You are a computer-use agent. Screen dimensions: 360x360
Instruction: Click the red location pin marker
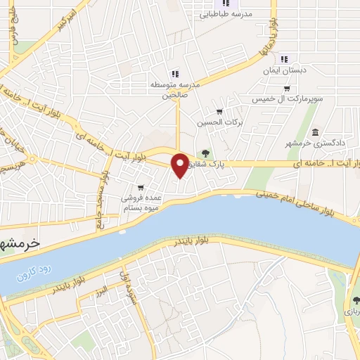[x=181, y=165]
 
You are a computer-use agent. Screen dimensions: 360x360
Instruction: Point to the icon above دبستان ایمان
[x=285, y=59]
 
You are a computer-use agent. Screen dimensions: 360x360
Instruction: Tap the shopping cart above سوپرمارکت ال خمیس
[x=287, y=89]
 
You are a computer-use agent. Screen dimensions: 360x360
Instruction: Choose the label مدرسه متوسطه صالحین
[x=175, y=90]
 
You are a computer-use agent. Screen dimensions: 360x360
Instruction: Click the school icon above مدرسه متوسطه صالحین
[x=175, y=73]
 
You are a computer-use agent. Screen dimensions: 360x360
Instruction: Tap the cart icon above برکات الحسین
[x=219, y=111]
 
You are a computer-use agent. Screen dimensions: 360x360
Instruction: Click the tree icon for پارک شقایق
[x=206, y=153]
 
